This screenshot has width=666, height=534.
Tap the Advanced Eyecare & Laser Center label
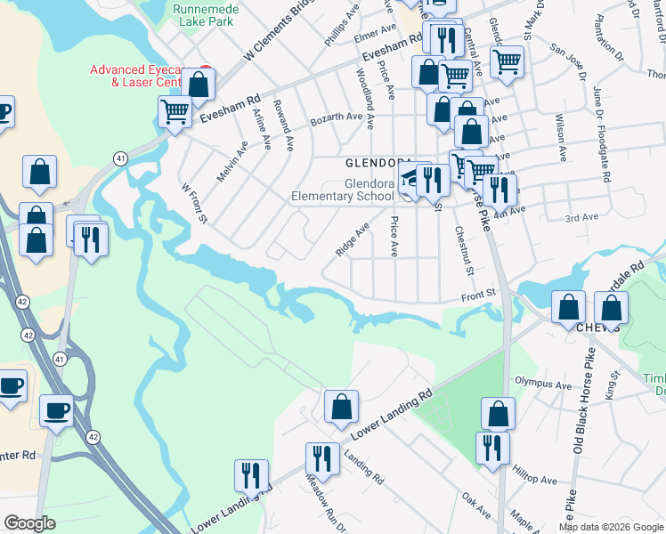point(142,76)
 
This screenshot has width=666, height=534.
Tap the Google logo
point(30,523)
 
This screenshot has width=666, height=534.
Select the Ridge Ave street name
point(353,240)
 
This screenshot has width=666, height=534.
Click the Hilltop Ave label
point(536,479)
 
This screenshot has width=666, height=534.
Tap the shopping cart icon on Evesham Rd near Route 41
point(175,113)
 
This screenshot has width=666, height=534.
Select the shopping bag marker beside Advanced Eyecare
point(198,85)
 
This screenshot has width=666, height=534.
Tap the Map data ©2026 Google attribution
point(610,527)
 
